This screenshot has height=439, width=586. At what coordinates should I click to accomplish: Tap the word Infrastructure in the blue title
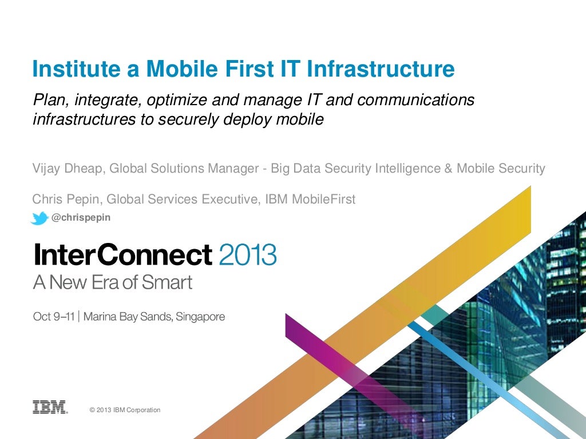(x=381, y=69)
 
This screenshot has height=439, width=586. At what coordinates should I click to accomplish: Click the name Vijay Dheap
(x=68, y=169)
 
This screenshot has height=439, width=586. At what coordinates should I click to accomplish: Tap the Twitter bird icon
(x=39, y=218)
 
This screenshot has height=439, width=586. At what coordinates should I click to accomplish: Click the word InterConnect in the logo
(x=122, y=254)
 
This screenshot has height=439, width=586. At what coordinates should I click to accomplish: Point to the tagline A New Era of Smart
(x=112, y=283)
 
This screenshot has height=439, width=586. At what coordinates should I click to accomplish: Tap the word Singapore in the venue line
(x=200, y=317)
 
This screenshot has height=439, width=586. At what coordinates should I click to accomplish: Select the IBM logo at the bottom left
(x=50, y=407)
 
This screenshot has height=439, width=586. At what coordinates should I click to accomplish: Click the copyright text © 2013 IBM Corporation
(x=125, y=410)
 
